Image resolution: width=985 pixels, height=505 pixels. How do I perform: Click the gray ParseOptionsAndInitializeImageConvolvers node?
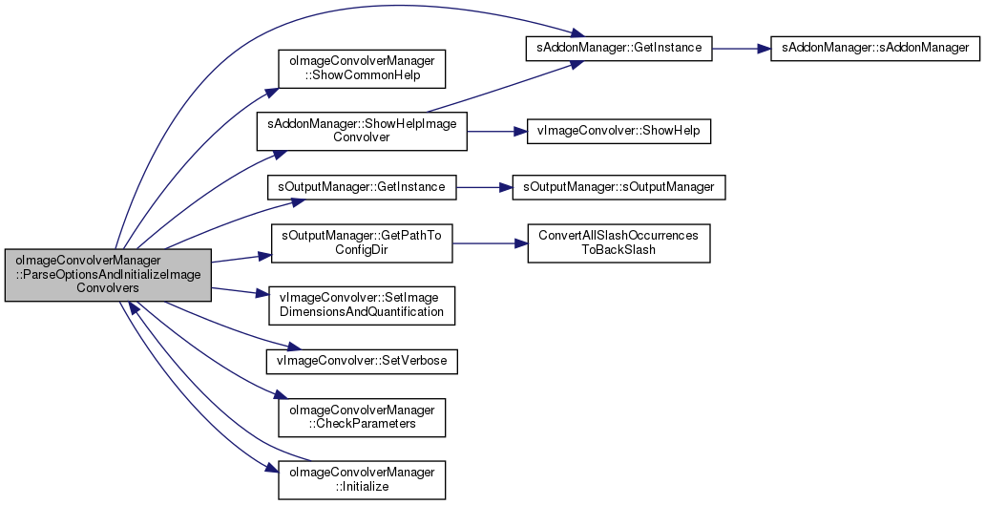108,275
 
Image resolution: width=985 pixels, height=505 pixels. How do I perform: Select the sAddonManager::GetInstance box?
618,48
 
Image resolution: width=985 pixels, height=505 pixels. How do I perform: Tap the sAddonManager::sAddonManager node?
875,48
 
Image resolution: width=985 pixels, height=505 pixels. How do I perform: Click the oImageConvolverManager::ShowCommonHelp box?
362,69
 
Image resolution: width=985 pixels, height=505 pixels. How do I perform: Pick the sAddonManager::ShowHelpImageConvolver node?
362,132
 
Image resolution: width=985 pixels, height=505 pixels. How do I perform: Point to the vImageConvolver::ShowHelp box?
618,132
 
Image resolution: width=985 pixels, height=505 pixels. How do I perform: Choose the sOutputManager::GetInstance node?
362,187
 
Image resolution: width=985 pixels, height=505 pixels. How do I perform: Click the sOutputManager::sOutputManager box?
618,187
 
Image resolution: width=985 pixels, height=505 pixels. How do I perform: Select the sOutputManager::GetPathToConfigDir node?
362,242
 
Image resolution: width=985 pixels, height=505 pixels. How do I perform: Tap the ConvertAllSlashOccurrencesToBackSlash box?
618,242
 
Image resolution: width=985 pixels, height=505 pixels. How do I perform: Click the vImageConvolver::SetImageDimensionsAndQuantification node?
362,305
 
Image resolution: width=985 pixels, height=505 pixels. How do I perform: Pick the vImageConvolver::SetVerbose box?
362,361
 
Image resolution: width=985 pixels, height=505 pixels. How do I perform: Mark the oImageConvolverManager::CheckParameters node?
362,417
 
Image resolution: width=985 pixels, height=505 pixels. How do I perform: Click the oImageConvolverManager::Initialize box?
362,480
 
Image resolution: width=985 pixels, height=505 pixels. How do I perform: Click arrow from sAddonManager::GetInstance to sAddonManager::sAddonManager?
742,48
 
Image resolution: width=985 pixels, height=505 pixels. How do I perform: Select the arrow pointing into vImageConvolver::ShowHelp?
497,132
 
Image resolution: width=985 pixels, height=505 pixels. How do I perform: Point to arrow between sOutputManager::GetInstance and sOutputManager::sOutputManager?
484,187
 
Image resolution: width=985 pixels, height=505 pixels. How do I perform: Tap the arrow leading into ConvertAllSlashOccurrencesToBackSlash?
490,242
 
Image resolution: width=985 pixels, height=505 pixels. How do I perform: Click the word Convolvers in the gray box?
108,287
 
